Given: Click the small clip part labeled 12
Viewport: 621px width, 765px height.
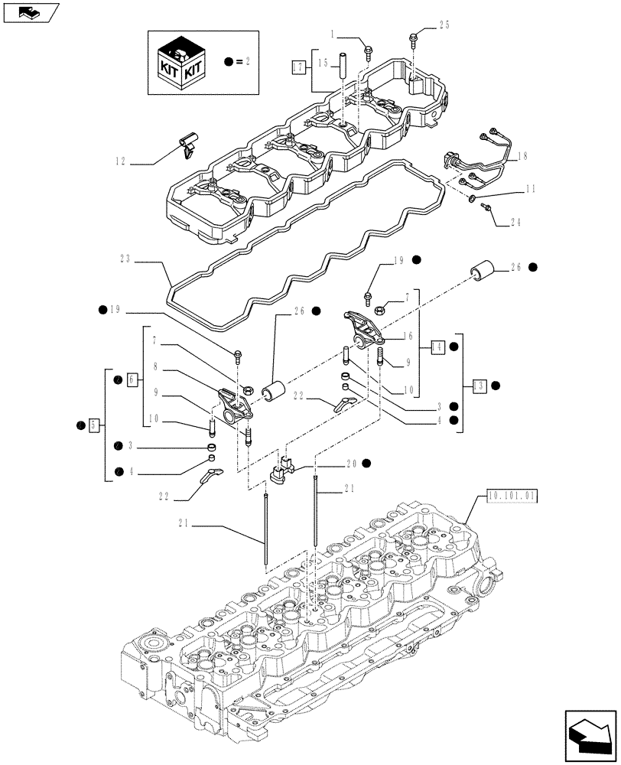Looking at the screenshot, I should [187, 143].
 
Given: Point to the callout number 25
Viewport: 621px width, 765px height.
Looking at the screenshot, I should [445, 25].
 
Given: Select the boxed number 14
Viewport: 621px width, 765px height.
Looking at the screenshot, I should [438, 346].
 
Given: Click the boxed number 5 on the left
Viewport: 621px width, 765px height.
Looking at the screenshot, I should [93, 423].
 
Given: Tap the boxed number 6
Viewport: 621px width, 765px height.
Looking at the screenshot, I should [132, 379].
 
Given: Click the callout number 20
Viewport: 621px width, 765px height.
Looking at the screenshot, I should [351, 463].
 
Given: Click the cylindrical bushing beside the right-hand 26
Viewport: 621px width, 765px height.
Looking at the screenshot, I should [483, 272].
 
